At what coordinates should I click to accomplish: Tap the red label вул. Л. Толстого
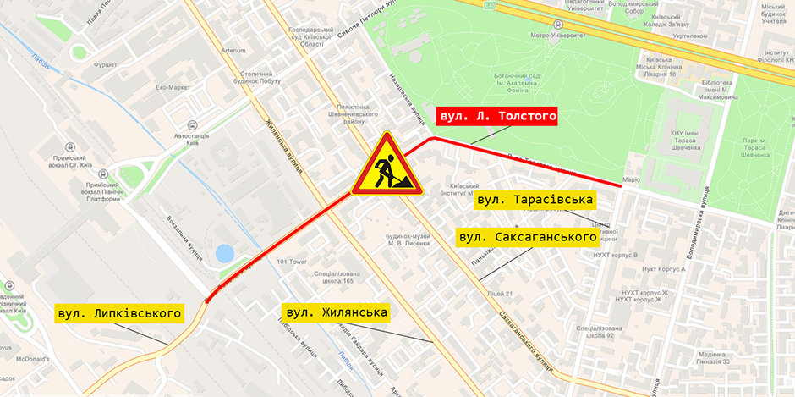click(496, 117)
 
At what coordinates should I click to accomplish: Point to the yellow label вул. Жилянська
click(336, 312)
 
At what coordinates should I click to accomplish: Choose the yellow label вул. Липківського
click(119, 313)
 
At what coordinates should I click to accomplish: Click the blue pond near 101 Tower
click(225, 253)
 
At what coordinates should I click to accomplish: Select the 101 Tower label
click(291, 261)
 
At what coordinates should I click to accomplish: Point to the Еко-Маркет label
click(173, 87)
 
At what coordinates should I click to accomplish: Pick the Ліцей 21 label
click(500, 294)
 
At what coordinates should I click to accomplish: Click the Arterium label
click(233, 50)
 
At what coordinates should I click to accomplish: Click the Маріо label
click(631, 179)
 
